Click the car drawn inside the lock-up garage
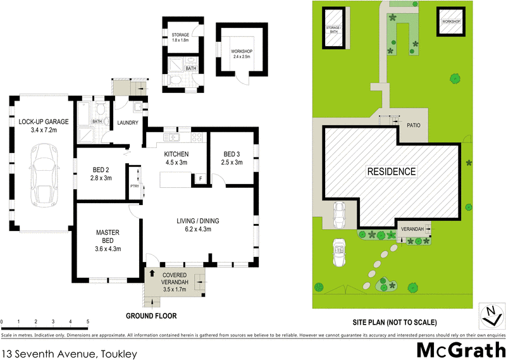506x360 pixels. pos(44,179)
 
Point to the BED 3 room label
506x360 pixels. pos(232,158)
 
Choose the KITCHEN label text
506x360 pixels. pos(176,158)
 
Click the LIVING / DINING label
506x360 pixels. pos(197,225)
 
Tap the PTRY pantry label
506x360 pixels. pos(134,185)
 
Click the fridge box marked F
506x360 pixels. pos(201,179)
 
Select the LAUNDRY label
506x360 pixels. pos(127,123)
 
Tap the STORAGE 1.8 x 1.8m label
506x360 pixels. pos(182,37)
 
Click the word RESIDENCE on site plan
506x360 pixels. pos(392,171)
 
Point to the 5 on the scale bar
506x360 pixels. pos(87,321)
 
